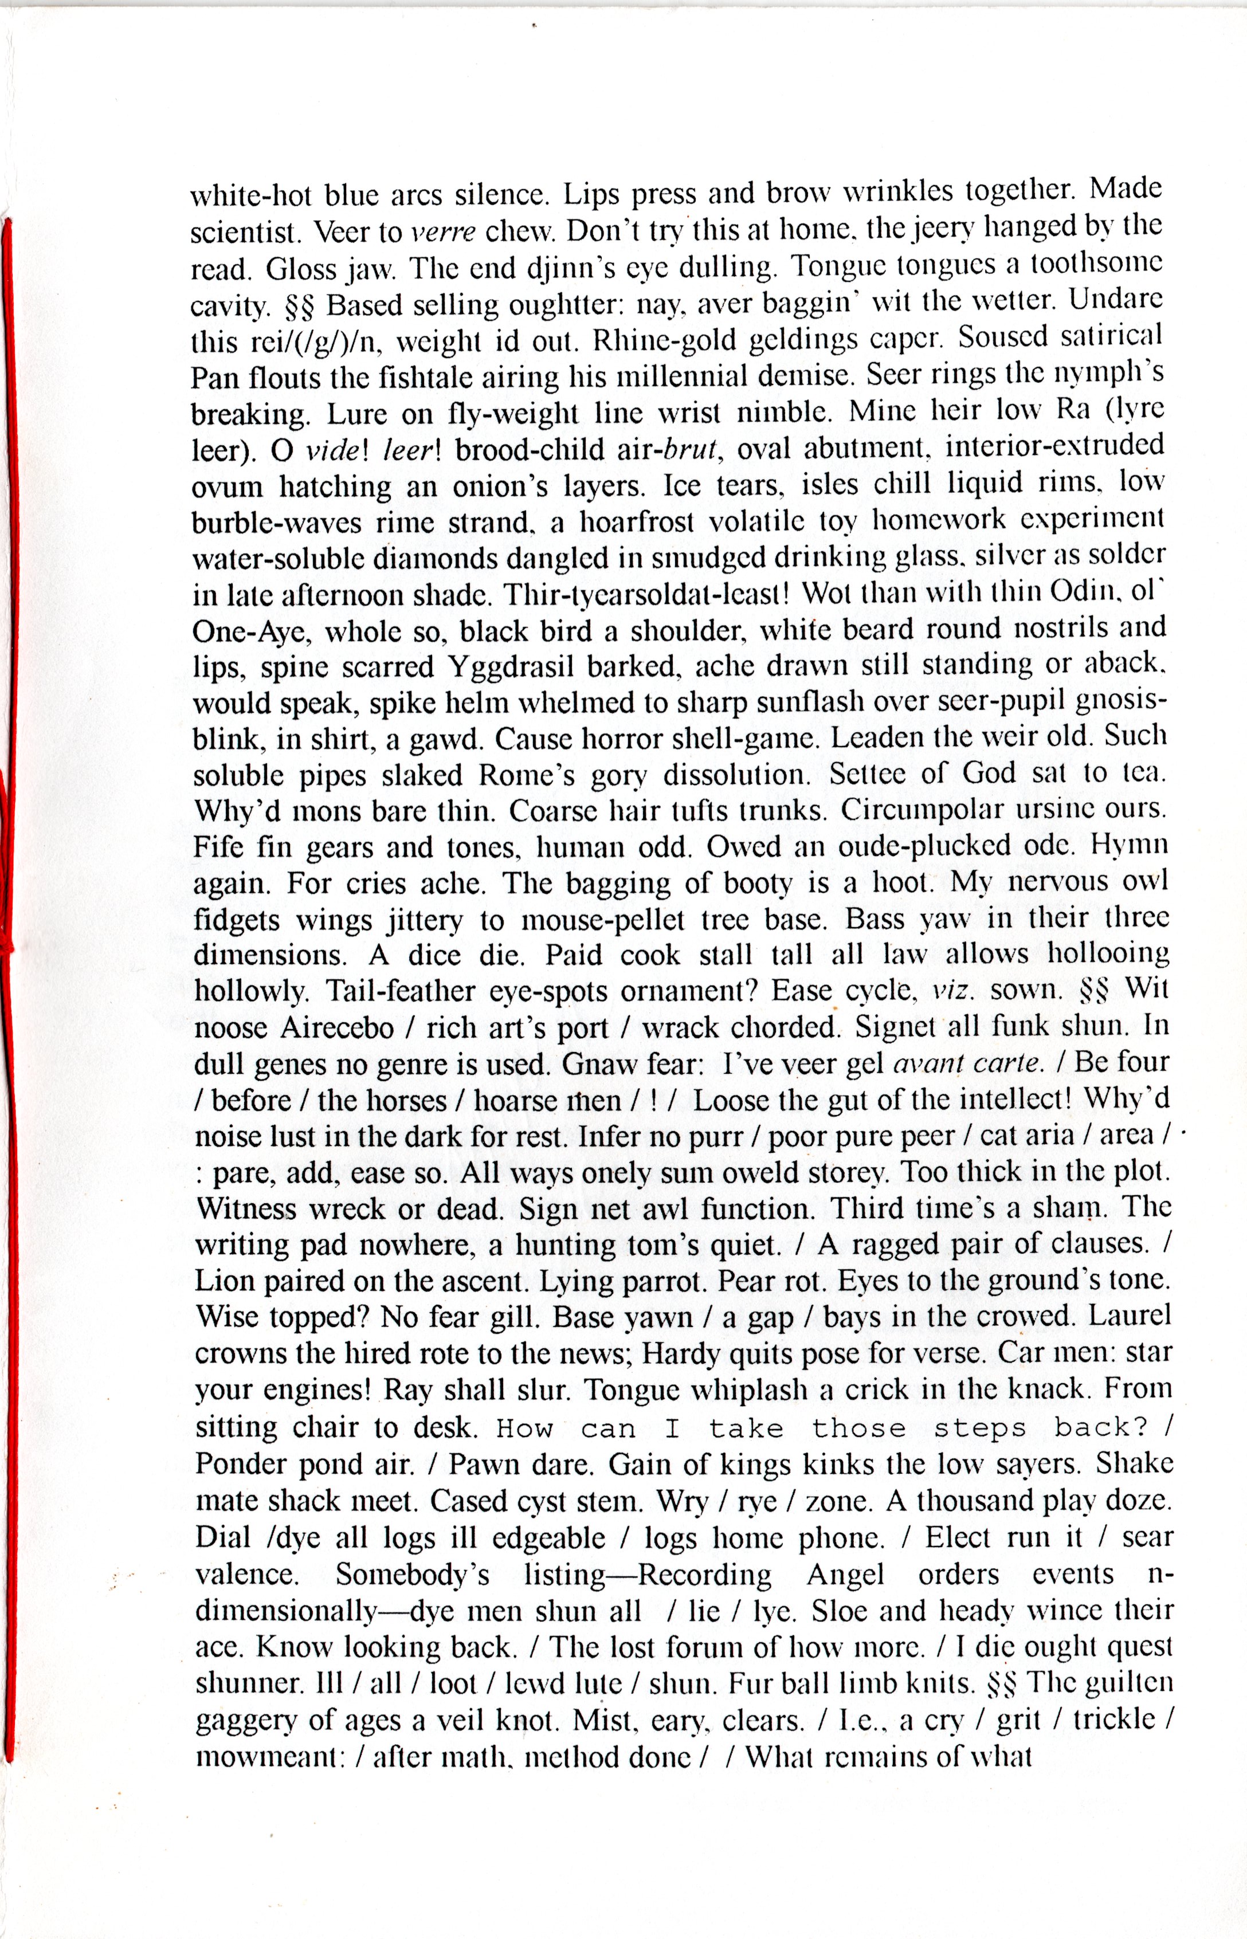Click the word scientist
(242, 233)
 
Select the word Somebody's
(412, 1574)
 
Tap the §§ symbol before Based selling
(300, 305)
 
